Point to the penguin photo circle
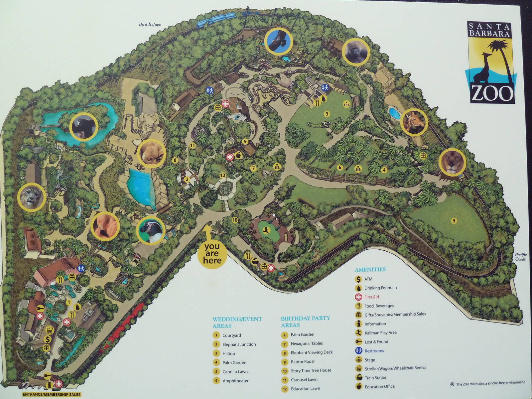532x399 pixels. [151, 230]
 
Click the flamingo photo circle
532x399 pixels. [105, 225]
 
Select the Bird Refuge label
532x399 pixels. [150, 24]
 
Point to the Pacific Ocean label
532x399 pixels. [521, 257]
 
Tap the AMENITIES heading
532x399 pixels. [370, 270]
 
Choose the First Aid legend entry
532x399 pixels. [371, 297]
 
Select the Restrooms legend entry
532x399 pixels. [374, 351]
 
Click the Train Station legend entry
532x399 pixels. [376, 378]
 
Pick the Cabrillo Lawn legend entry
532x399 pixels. [235, 371]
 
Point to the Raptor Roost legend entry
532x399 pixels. [303, 361]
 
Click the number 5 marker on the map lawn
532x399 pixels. [453, 220]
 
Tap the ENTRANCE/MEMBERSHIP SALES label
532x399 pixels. [52, 395]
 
